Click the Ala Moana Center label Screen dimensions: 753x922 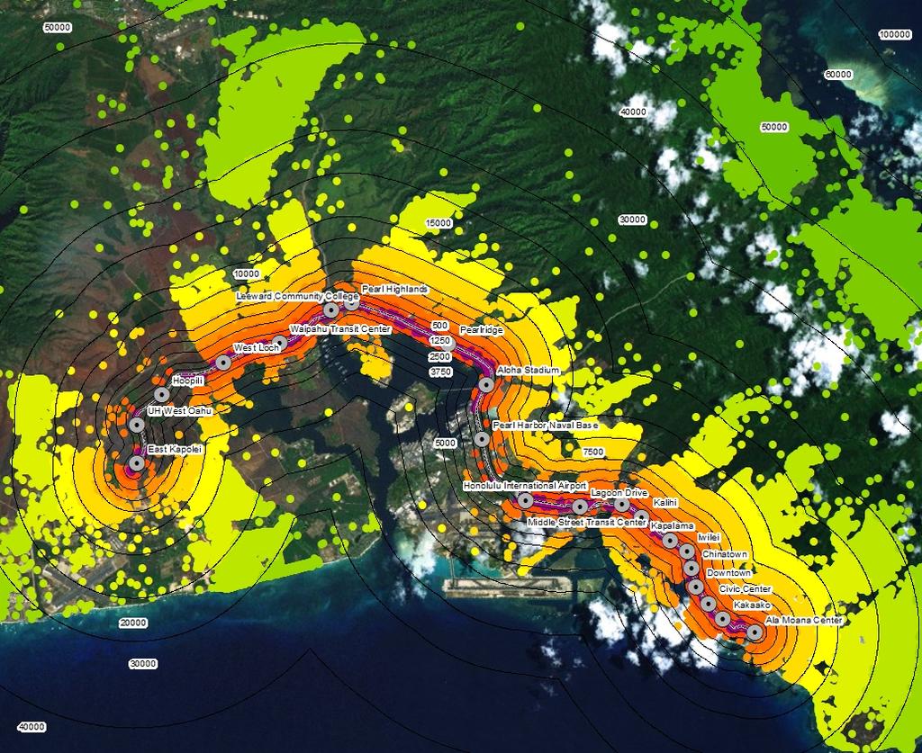803,621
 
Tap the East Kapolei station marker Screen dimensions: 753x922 136,463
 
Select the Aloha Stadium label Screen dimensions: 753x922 529,371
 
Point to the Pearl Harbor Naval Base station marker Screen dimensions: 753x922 482,440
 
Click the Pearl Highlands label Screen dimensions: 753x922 394,289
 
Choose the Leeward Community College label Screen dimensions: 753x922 296,296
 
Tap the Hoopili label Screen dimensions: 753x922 188,381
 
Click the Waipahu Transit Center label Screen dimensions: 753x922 339,329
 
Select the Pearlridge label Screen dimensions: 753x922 481,330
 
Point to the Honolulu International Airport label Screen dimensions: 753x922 525,486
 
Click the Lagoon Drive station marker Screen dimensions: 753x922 622,505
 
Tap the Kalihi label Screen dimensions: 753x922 664,502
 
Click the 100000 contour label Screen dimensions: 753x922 894,34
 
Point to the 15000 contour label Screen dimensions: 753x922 438,223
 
